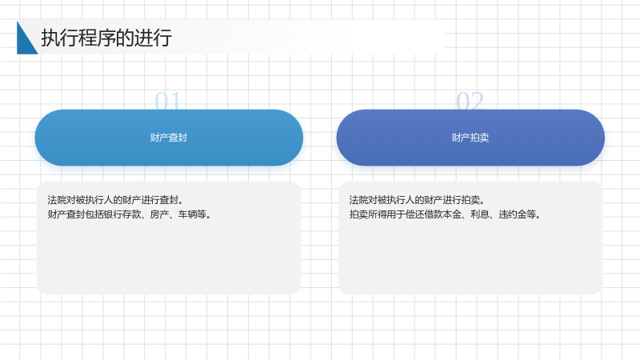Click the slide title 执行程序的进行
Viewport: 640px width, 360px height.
(106, 38)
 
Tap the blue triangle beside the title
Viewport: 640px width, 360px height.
(25, 41)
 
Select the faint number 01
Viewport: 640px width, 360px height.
(167, 101)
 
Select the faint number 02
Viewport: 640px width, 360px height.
(470, 101)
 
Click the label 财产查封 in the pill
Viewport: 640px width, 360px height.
(169, 138)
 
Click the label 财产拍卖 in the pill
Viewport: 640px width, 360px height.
(470, 138)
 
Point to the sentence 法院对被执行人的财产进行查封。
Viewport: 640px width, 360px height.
(115, 200)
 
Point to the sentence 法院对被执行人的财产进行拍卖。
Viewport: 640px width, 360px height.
(417, 200)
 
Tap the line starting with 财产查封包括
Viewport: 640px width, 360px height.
(130, 214)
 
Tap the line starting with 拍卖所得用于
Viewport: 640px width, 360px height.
(445, 214)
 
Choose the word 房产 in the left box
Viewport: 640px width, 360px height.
(159, 214)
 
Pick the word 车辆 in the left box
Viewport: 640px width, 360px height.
(187, 214)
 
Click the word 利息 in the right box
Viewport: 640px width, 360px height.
(479, 214)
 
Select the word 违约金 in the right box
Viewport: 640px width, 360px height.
(512, 214)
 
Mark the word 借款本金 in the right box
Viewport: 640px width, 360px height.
(443, 214)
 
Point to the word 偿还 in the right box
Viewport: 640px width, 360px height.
(414, 214)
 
